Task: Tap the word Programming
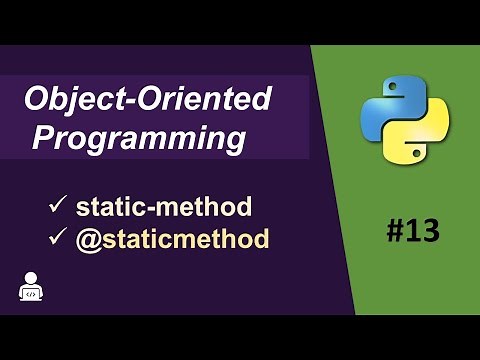139,138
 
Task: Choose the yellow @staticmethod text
172,239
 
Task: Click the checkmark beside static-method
57,207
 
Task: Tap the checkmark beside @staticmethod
57,239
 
